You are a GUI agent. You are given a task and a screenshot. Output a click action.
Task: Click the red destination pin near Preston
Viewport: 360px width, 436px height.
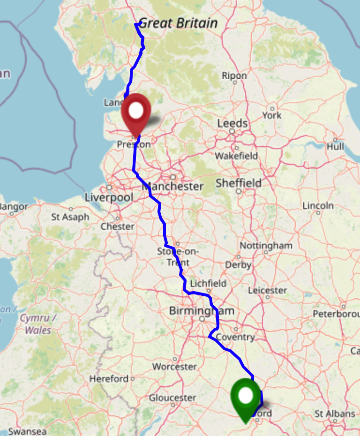pos(136,113)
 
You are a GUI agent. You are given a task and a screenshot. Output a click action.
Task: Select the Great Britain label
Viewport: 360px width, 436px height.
pos(179,23)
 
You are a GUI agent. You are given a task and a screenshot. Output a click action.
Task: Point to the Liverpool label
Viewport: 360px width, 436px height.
pos(109,197)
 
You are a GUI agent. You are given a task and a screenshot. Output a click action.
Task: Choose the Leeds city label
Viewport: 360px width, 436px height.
pos(232,123)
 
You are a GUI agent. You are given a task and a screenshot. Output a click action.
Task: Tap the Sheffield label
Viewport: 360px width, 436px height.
pos(239,183)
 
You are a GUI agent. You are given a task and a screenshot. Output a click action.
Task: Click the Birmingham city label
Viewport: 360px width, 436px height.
pos(202,311)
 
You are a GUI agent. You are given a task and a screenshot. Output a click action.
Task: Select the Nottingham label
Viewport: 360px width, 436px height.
pos(266,246)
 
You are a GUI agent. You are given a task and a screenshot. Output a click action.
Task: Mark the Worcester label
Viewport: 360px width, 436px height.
pos(174,366)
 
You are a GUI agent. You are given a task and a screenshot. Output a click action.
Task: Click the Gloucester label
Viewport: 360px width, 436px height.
pos(172,398)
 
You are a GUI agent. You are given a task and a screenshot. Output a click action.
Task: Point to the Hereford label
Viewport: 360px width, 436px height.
pos(109,378)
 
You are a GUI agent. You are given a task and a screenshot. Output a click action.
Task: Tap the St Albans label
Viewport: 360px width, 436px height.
pos(335,413)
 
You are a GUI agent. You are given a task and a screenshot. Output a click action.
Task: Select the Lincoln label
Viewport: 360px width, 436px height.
pos(318,205)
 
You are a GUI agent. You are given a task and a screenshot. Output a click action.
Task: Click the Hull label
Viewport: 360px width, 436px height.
pos(335,147)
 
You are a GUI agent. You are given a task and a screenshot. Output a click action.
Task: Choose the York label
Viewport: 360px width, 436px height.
pos(272,115)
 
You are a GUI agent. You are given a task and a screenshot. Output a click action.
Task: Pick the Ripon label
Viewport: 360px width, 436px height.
pos(234,75)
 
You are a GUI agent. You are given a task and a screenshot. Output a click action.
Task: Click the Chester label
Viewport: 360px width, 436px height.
pos(117,226)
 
